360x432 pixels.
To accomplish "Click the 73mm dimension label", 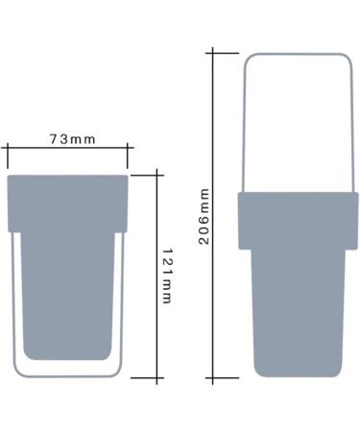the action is click(x=72, y=139).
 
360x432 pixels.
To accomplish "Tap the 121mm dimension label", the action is click(x=167, y=276).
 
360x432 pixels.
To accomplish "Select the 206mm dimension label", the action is click(x=204, y=217).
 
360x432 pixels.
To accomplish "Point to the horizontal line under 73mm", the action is click(x=67, y=148).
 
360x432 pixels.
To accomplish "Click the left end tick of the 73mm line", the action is click(x=8, y=156).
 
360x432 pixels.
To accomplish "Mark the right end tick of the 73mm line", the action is click(x=128, y=156).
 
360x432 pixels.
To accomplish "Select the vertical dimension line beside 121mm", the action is click(x=156, y=276).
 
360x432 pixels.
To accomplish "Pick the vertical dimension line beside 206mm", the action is click(x=213, y=215).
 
